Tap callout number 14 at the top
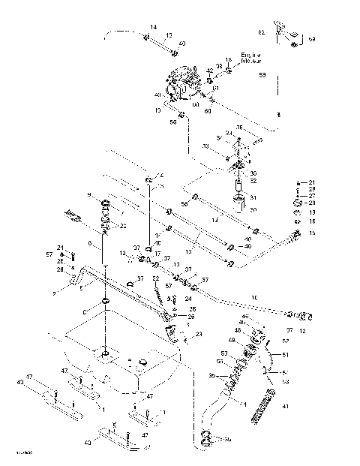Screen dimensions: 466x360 pyautogui.click(x=153, y=28)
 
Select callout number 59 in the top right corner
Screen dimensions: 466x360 pyautogui.click(x=312, y=38)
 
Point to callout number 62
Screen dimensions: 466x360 pyautogui.click(x=262, y=33)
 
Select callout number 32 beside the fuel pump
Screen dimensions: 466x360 pyautogui.click(x=254, y=181)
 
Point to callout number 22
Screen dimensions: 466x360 pyautogui.click(x=155, y=278)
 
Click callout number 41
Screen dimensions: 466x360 pyautogui.click(x=284, y=406)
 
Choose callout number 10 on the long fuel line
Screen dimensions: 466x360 pyautogui.click(x=253, y=298)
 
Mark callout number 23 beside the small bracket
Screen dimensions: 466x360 pyautogui.click(x=199, y=335)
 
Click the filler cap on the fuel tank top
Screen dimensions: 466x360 pyautogui.click(x=105, y=353)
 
